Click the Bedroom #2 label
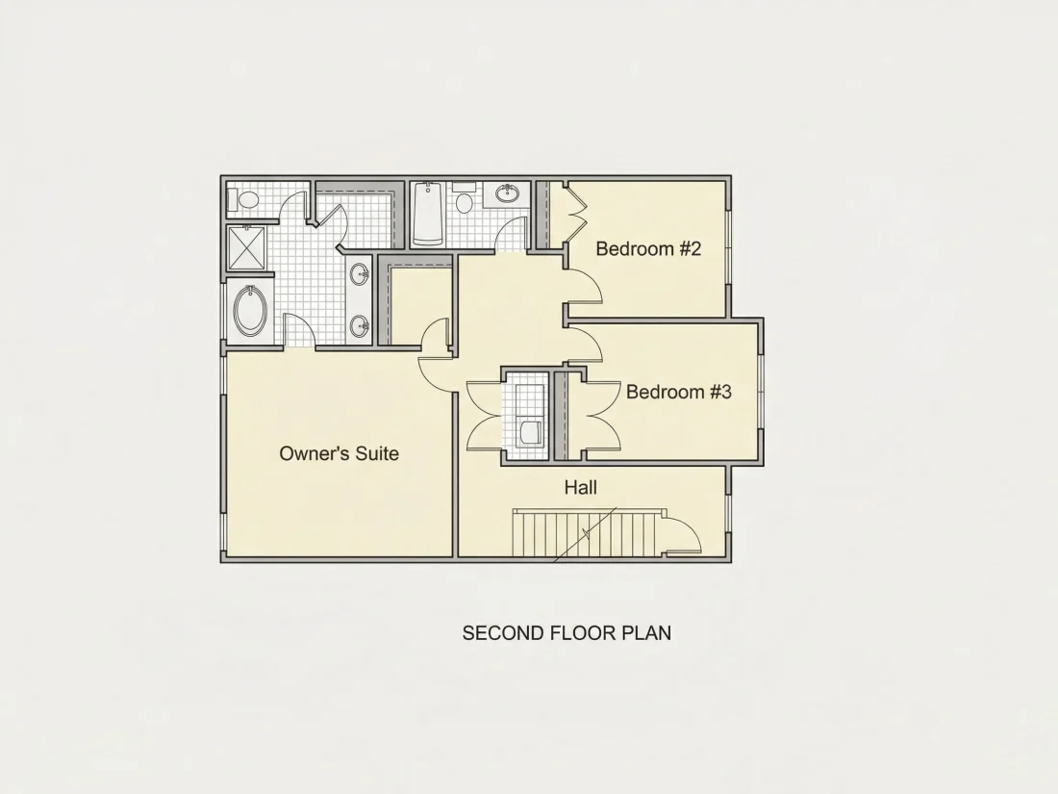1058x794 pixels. [x=648, y=248]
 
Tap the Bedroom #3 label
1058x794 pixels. [x=679, y=392]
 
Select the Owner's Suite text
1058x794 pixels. [x=339, y=453]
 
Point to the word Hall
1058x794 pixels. [x=580, y=488]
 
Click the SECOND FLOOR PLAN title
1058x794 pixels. [x=567, y=633]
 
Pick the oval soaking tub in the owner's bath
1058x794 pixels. [x=250, y=311]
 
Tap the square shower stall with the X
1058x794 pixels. [x=247, y=247]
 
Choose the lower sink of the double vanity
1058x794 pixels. [x=360, y=326]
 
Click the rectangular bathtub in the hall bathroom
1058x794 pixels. [x=427, y=214]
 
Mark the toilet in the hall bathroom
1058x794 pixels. [x=464, y=198]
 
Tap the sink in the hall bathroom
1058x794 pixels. [x=506, y=193]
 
